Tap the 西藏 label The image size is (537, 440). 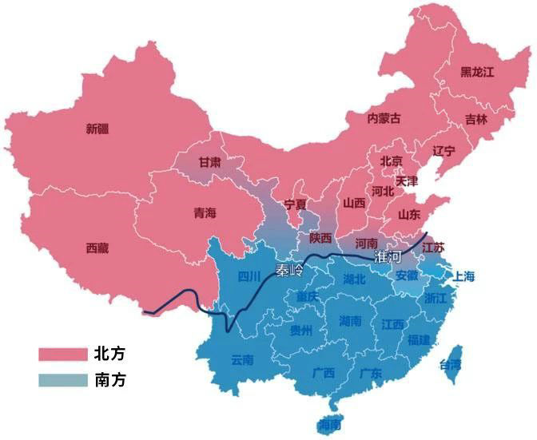click(x=97, y=248)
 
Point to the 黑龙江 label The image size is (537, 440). click(x=478, y=72)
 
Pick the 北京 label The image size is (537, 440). click(x=392, y=161)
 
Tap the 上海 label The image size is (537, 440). click(x=464, y=277)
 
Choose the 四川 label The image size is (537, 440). click(x=249, y=277)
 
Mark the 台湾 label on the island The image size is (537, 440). click(x=451, y=364)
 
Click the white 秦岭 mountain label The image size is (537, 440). click(x=289, y=271)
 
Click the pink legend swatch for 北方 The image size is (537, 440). click(x=62, y=353)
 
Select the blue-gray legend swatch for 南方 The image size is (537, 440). click(x=62, y=380)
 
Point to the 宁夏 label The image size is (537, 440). click(x=296, y=204)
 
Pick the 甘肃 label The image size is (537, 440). click(x=210, y=162)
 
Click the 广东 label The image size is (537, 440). click(x=369, y=372)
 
